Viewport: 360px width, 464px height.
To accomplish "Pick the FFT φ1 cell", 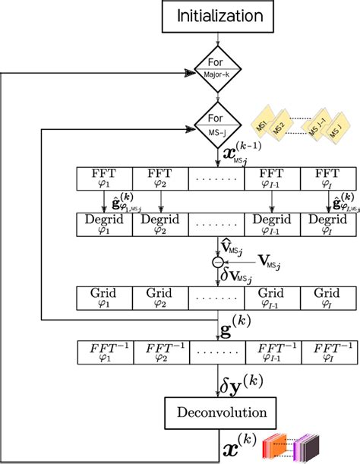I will tap(105, 178).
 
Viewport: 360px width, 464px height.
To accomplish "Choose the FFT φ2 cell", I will tap(160, 178).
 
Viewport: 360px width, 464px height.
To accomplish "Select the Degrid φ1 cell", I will tap(105, 226).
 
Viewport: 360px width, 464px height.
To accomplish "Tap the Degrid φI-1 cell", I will tap(273, 226).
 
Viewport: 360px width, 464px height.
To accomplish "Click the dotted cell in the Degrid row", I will tap(216, 226).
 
